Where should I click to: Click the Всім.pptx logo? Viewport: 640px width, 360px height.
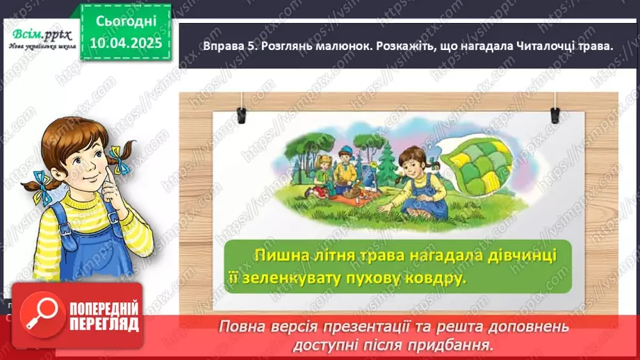(x=40, y=36)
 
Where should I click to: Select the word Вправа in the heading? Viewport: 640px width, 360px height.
(x=207, y=46)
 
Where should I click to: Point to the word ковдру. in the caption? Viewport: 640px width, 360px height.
(x=432, y=278)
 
